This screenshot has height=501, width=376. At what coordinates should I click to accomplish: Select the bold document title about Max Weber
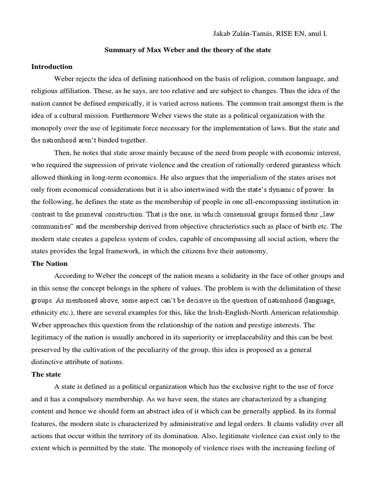pos(188,50)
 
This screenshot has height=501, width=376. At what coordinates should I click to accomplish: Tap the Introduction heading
pos(52,67)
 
